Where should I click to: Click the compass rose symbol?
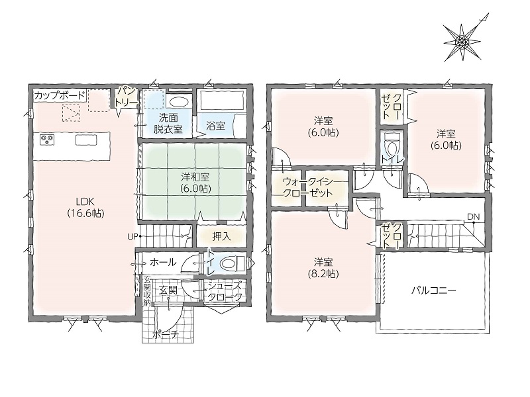click(x=462, y=42)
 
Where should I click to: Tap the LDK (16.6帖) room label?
click(x=85, y=207)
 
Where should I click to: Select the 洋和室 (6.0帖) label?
click(x=195, y=183)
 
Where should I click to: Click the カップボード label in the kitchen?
click(x=60, y=95)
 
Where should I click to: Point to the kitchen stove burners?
click(x=47, y=139)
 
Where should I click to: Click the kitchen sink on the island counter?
click(x=86, y=140)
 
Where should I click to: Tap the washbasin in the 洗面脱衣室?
click(x=178, y=102)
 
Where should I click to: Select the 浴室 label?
click(x=216, y=126)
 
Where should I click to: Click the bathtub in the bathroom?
click(x=222, y=100)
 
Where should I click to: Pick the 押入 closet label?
click(x=222, y=236)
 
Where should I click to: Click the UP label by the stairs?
click(x=132, y=236)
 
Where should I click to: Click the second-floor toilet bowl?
click(x=392, y=146)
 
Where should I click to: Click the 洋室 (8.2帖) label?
click(x=323, y=268)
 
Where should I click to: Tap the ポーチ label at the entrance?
click(x=166, y=335)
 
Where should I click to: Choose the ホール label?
click(x=162, y=262)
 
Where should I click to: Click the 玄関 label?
click(x=168, y=290)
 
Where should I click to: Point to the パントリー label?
click(x=126, y=97)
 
